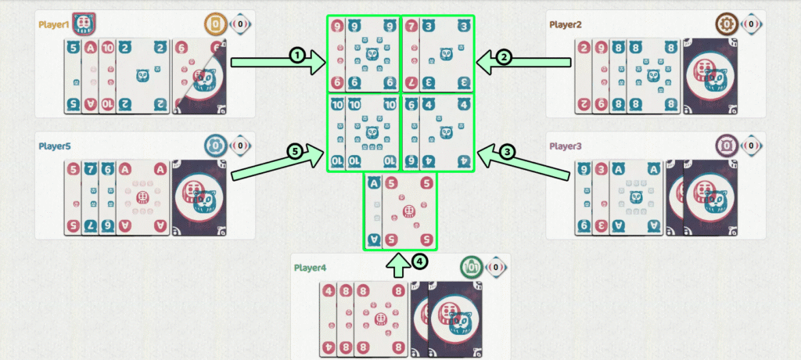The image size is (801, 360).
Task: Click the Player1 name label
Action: (54, 24)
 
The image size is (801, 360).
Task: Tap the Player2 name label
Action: (566, 24)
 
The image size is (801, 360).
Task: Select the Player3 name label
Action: (566, 146)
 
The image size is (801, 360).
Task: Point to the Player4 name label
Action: (311, 268)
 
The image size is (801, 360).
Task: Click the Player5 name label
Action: (54, 146)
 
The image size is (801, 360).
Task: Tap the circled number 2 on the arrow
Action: (504, 57)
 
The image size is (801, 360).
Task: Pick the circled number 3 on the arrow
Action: (507, 151)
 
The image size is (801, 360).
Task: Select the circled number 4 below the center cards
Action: (419, 262)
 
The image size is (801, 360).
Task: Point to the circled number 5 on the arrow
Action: (295, 152)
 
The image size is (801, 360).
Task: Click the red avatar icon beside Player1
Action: (84, 24)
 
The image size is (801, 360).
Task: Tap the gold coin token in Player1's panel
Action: (216, 24)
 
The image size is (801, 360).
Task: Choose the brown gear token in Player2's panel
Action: (727, 24)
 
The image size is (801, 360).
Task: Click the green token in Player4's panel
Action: (471, 267)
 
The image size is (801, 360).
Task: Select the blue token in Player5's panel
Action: (216, 146)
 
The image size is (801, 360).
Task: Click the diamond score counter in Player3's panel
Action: (751, 146)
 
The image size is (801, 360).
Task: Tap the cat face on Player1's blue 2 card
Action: (142, 76)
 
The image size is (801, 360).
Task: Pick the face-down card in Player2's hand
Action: (710, 76)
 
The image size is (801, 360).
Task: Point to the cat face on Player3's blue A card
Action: (636, 197)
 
